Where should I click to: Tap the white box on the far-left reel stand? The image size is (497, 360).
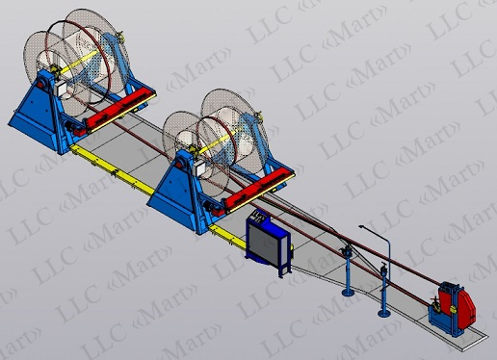(62, 88)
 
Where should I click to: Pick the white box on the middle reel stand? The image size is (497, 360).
(201, 167)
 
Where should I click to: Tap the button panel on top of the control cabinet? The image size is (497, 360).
(259, 216)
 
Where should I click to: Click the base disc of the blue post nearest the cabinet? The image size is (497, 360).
(348, 292)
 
